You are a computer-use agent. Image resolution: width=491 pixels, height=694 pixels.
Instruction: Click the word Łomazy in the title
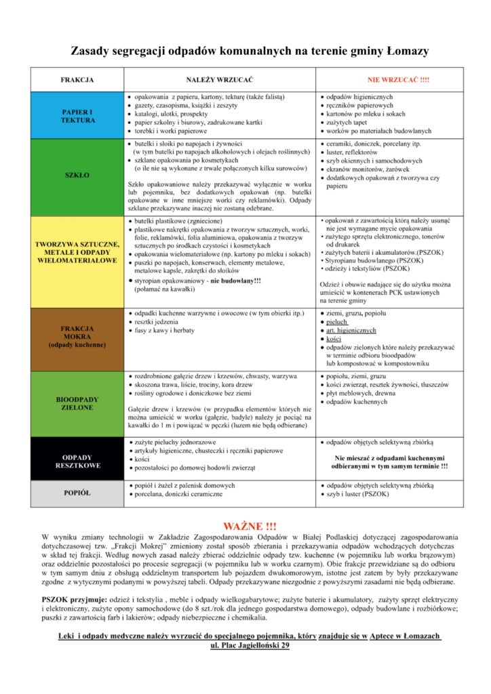pyautogui.click(x=406, y=51)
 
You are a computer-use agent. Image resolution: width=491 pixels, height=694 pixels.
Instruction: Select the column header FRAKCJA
pyautogui.click(x=77, y=80)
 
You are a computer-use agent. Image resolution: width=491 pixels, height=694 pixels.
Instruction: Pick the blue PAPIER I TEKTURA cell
pyautogui.click(x=77, y=115)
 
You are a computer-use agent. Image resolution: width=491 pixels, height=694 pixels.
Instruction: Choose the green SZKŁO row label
pyautogui.click(x=77, y=176)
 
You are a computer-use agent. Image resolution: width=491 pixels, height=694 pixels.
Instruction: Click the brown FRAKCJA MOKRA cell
pyautogui.click(x=77, y=336)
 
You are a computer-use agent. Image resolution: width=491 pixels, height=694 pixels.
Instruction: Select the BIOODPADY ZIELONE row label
pyautogui.click(x=77, y=404)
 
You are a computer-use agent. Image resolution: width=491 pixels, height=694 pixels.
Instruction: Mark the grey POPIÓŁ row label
pyautogui.click(x=77, y=493)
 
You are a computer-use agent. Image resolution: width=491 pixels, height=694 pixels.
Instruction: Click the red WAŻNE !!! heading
pyautogui.click(x=250, y=526)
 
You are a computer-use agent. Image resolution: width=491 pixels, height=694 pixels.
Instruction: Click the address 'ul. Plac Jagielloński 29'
pyautogui.click(x=250, y=646)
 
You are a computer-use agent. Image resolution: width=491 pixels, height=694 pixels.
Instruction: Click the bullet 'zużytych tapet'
pyautogui.click(x=350, y=123)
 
